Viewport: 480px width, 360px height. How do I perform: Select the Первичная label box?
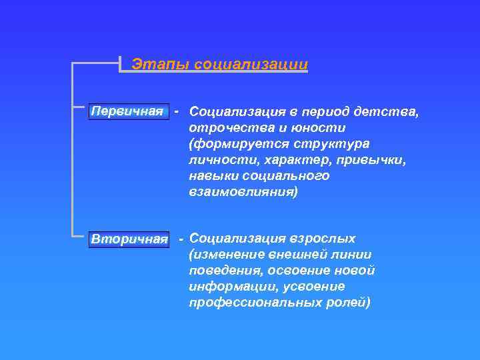pyautogui.click(x=127, y=111)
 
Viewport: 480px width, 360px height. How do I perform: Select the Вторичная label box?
pyautogui.click(x=129, y=239)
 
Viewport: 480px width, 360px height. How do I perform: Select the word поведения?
pyautogui.click(x=221, y=271)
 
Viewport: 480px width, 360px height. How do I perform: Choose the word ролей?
pyautogui.click(x=348, y=303)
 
